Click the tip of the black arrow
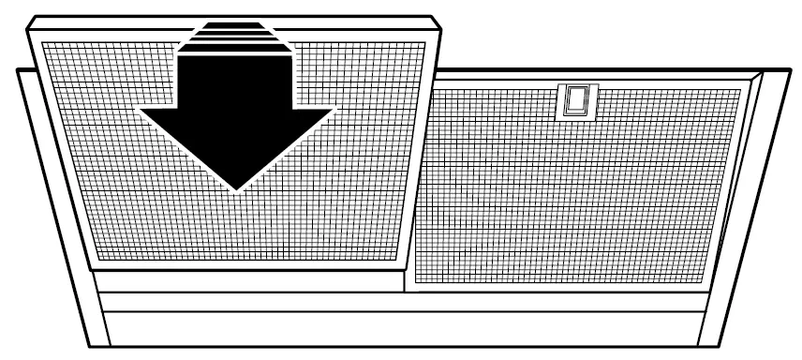235,189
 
